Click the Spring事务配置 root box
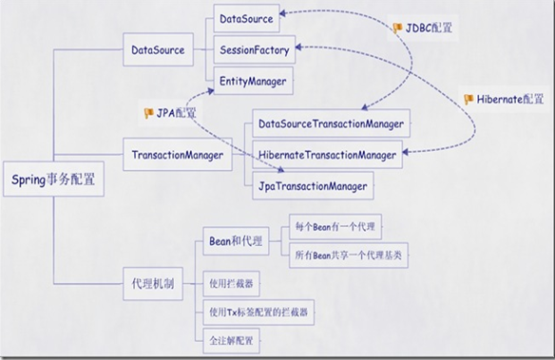pos(53,177)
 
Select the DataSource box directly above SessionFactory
pos(246,18)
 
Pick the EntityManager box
pos(252,82)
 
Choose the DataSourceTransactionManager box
pos(332,123)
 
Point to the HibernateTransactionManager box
pos(327,153)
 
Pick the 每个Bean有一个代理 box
pos(335,228)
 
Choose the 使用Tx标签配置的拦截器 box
pos(259,311)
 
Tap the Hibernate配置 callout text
pos(510,99)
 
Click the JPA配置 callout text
pos(177,114)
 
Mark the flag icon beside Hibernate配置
pos(469,99)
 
